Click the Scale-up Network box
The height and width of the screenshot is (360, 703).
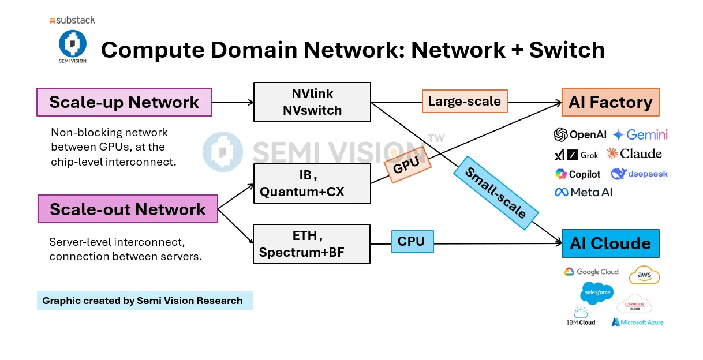pyautogui.click(x=124, y=102)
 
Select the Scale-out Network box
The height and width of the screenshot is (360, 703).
pyautogui.click(x=128, y=209)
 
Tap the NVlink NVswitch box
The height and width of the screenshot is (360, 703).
pyautogui.click(x=312, y=102)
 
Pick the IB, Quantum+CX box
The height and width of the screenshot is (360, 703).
pyautogui.click(x=312, y=183)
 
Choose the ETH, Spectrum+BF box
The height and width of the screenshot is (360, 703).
pyautogui.click(x=312, y=244)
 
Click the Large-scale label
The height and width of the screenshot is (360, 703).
pyautogui.click(x=465, y=102)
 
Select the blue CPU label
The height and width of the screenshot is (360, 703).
pyautogui.click(x=412, y=242)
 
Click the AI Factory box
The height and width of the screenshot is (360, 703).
pyautogui.click(x=610, y=103)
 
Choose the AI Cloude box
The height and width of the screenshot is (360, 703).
pyautogui.click(x=610, y=243)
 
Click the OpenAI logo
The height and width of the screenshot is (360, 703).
pyautogui.click(x=580, y=134)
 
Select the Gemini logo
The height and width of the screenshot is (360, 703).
pyautogui.click(x=640, y=134)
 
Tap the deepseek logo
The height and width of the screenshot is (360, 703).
pyautogui.click(x=639, y=174)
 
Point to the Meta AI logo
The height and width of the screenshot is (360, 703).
pyautogui.click(x=584, y=192)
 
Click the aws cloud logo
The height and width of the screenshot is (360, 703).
pyautogui.click(x=644, y=275)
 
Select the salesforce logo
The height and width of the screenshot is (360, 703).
pyautogui.click(x=597, y=293)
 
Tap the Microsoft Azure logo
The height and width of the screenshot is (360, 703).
pyautogui.click(x=637, y=322)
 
